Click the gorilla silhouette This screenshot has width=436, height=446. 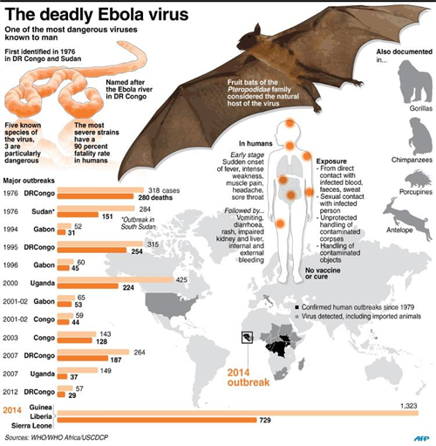415,81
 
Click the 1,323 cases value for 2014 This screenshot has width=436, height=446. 409,406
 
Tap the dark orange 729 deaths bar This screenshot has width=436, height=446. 157,420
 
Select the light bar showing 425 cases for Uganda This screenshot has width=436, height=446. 115,279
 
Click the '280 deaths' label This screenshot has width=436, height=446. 155,198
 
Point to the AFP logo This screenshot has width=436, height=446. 421,438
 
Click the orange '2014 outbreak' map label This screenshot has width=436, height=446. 249,377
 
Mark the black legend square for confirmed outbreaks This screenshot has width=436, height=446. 296,307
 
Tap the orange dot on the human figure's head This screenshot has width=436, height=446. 290,123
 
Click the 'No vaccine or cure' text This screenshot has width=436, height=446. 323,273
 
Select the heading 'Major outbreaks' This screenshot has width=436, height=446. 29,181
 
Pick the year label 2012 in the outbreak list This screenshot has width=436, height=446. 10,392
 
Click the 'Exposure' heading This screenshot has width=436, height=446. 331,161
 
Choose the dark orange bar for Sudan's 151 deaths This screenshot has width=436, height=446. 78,215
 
